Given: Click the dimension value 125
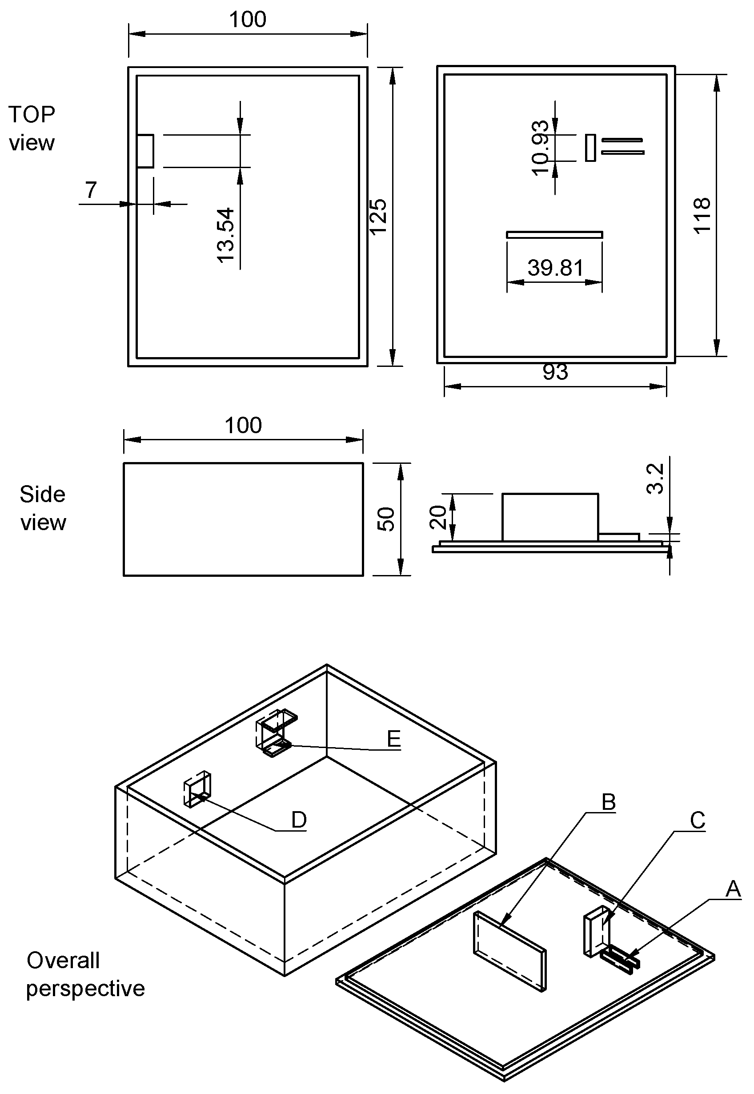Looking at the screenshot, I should coord(378,216).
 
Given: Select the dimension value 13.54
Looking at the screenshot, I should coord(226,235).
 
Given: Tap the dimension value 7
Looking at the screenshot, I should coord(91,190).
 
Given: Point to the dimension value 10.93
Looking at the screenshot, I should coord(541,148).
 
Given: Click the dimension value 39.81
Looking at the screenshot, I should coord(555,268).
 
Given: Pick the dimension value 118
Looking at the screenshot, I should coord(702,216).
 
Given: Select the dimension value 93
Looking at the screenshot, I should coord(555,372).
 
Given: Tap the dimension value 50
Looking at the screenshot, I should coord(386,519).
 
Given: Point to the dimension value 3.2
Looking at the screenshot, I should coord(655,479).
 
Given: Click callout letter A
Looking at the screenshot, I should coord(733,889).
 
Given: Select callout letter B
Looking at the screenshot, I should coord(609,802).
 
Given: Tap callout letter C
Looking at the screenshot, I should coord(697,820).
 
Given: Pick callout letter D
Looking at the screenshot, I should coord(299,820).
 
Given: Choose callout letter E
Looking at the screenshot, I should coord(393,738).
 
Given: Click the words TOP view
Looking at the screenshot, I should coord(32,129).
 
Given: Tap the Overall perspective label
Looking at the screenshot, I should coord(85,974).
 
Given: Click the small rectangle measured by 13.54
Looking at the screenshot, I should coord(145,151).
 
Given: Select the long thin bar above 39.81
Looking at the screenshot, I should coord(554,234).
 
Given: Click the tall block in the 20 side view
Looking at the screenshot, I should coord(550,517).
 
